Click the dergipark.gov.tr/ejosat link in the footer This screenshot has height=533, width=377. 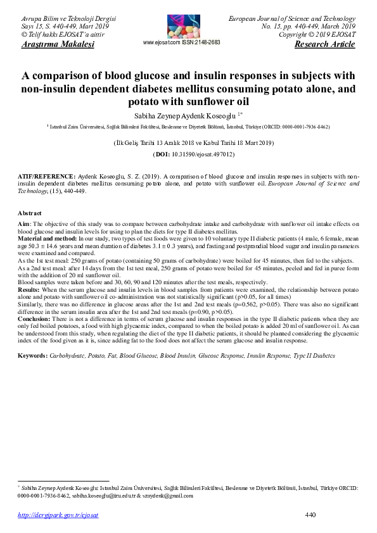click(58, 515)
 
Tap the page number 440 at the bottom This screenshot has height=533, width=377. click(310, 515)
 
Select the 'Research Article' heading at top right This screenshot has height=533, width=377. click(325, 44)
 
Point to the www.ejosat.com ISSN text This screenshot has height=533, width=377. click(182, 42)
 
